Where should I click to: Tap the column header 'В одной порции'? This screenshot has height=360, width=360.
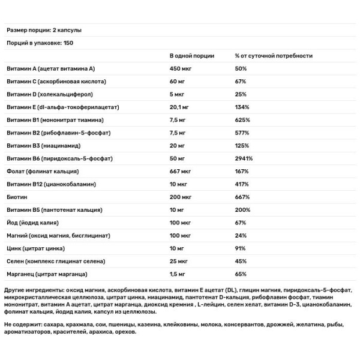point(190,56)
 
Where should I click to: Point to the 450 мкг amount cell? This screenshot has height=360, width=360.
point(181,69)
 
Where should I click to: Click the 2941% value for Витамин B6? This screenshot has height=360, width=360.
point(244,158)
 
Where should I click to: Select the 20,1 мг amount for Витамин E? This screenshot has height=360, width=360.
point(180,107)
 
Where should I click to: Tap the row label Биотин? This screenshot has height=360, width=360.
point(16,197)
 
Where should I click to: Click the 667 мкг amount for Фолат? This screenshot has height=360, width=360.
point(181,172)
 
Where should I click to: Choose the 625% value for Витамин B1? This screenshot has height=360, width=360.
point(242,120)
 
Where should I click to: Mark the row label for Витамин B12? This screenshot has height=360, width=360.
point(56,184)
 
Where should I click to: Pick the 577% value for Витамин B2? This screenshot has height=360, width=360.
point(242,133)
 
